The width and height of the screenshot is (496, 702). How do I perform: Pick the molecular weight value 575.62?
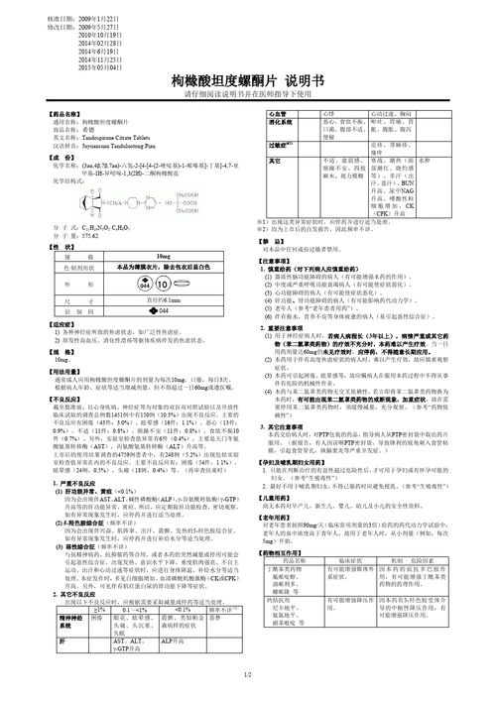click(85, 239)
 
